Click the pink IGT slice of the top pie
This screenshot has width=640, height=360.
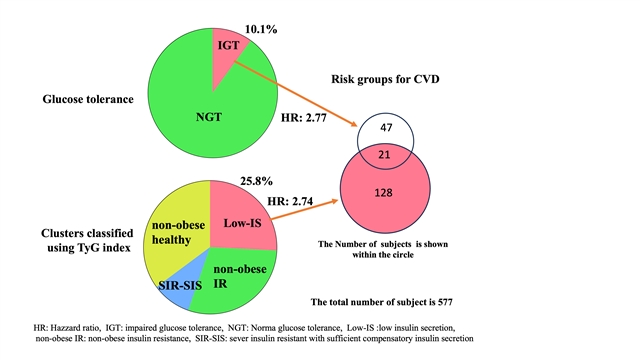(x=227, y=53)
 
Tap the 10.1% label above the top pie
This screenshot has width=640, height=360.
(x=261, y=29)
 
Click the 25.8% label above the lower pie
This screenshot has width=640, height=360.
(x=256, y=181)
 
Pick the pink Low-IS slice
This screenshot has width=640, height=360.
(x=241, y=216)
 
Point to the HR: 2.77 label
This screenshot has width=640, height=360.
(x=304, y=118)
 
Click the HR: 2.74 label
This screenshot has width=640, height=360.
(x=290, y=201)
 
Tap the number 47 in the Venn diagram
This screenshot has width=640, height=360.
(x=386, y=128)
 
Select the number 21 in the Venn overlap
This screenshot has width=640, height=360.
(x=384, y=155)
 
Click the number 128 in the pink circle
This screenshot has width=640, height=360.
(x=384, y=192)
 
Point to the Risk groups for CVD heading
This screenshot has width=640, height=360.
(x=385, y=79)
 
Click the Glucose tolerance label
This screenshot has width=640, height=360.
(x=88, y=99)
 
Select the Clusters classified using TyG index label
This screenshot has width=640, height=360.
(x=87, y=240)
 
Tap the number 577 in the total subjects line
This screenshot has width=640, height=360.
(x=445, y=302)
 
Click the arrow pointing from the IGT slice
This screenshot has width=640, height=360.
(x=296, y=93)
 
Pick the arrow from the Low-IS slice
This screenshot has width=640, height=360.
(x=304, y=209)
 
